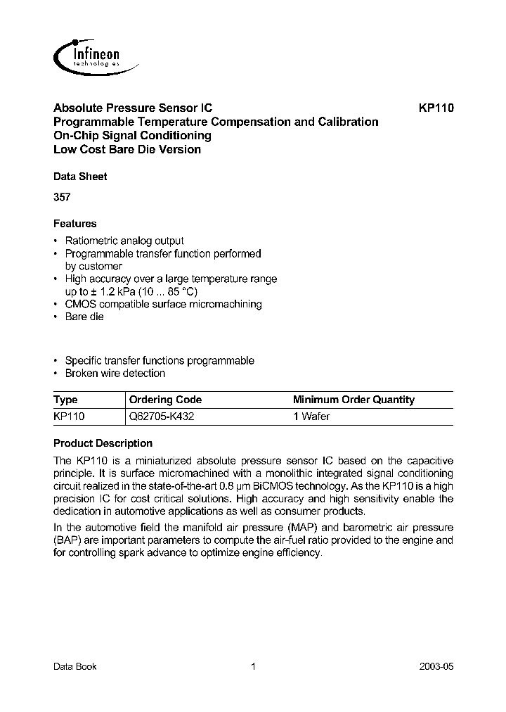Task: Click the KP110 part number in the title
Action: (x=436, y=108)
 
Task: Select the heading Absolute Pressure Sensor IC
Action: (x=133, y=108)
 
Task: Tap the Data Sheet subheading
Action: (x=80, y=177)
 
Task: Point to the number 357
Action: (x=62, y=198)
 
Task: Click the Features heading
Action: (x=75, y=224)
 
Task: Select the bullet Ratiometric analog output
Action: (x=124, y=241)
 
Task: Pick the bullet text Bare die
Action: (x=84, y=317)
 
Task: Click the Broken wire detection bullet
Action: (x=115, y=373)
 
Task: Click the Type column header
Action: (x=66, y=400)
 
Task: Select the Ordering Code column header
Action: (x=161, y=400)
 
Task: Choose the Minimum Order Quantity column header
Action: (x=353, y=400)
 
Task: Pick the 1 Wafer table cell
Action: (x=311, y=416)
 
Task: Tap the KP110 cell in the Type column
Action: (x=69, y=416)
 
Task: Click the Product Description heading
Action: (x=103, y=443)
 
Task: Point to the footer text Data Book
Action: (x=75, y=666)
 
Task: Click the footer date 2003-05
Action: (x=438, y=666)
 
